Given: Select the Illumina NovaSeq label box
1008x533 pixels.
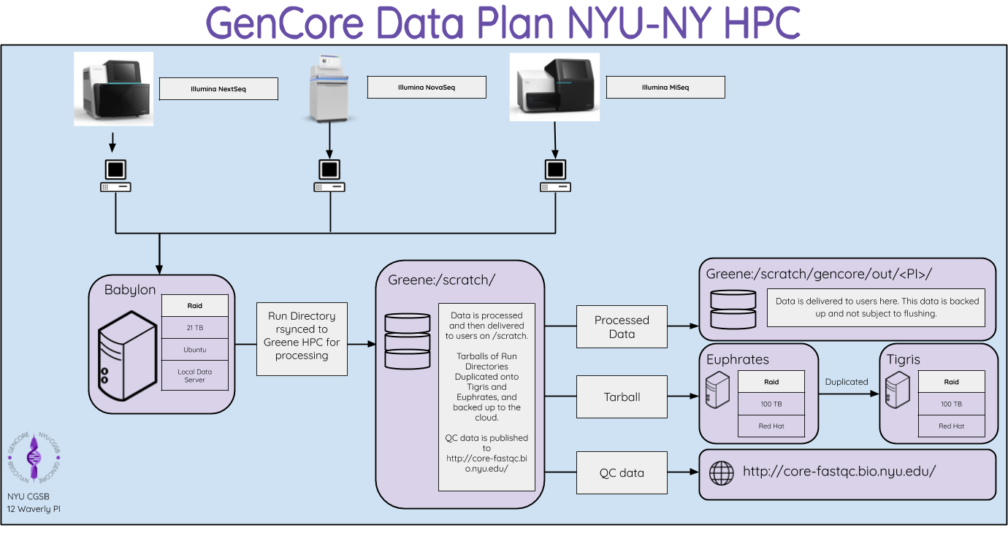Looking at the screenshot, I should (x=427, y=87).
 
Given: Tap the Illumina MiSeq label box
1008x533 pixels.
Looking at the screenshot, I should (x=665, y=87).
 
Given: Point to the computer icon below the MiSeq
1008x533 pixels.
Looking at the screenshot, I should (x=555, y=176).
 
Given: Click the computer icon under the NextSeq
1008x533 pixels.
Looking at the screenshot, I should (x=115, y=176).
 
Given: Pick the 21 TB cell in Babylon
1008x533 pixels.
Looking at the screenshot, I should (x=195, y=328).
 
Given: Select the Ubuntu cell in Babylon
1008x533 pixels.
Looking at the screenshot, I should (x=195, y=350).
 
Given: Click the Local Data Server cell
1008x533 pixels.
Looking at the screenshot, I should (x=195, y=375).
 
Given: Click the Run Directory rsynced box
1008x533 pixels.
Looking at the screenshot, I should (x=302, y=336).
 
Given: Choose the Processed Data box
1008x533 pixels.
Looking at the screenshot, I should (x=622, y=326).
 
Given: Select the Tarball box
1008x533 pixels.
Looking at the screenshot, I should (x=622, y=397).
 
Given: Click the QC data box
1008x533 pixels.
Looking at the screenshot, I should (x=622, y=473).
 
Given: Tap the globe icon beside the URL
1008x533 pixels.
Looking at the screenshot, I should (x=722, y=472).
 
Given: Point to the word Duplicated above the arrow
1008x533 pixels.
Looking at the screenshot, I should (x=847, y=382).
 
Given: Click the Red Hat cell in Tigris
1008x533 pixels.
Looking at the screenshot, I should (x=951, y=426).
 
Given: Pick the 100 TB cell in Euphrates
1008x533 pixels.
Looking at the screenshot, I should (x=771, y=404).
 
